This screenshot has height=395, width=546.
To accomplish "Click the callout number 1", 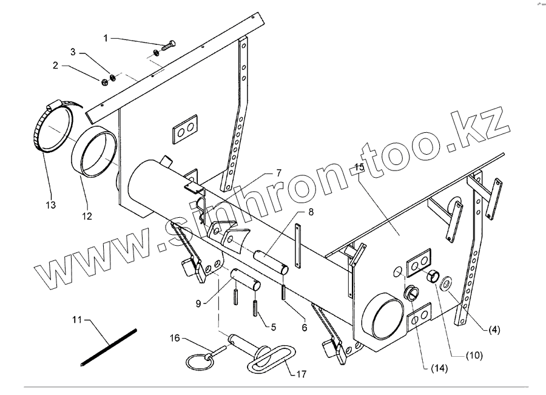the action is [x=106, y=38].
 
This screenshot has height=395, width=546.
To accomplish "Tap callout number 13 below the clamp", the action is [x=50, y=206].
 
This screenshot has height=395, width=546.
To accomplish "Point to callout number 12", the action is [x=87, y=216].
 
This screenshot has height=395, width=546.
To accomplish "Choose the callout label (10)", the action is [x=474, y=356].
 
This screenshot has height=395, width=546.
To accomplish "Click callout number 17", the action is [x=301, y=374].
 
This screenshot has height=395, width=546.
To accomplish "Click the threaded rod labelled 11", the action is [x=109, y=346].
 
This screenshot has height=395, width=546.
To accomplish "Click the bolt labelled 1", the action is [x=168, y=44].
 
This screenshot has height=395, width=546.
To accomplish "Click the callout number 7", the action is [x=278, y=174].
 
